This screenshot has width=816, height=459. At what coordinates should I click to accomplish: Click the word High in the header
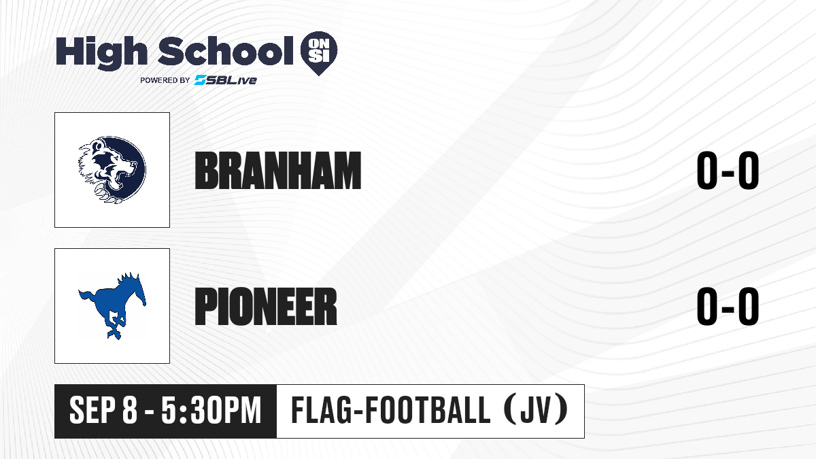pyautogui.click(x=101, y=53)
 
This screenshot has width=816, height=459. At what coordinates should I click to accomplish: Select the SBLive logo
pyautogui.click(x=225, y=80)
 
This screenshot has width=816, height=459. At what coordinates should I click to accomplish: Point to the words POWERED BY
pyautogui.click(x=165, y=80)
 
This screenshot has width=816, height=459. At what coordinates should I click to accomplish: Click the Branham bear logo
pyautogui.click(x=112, y=170)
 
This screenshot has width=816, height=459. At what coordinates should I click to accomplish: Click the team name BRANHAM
pyautogui.click(x=278, y=171)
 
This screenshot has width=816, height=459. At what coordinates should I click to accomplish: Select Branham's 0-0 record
pyautogui.click(x=728, y=171)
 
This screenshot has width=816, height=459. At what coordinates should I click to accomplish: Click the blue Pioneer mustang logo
pyautogui.click(x=112, y=305)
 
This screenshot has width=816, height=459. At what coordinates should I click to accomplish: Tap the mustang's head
pyautogui.click(x=139, y=290)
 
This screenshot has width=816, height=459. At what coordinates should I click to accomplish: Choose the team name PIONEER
pyautogui.click(x=266, y=307)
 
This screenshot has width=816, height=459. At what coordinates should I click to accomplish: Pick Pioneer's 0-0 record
pyautogui.click(x=728, y=307)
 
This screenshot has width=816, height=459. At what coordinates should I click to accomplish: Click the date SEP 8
pyautogui.click(x=103, y=411)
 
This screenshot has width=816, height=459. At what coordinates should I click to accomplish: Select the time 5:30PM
pyautogui.click(x=211, y=411)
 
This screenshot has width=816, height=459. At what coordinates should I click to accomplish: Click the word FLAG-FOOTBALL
pyautogui.click(x=391, y=411)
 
